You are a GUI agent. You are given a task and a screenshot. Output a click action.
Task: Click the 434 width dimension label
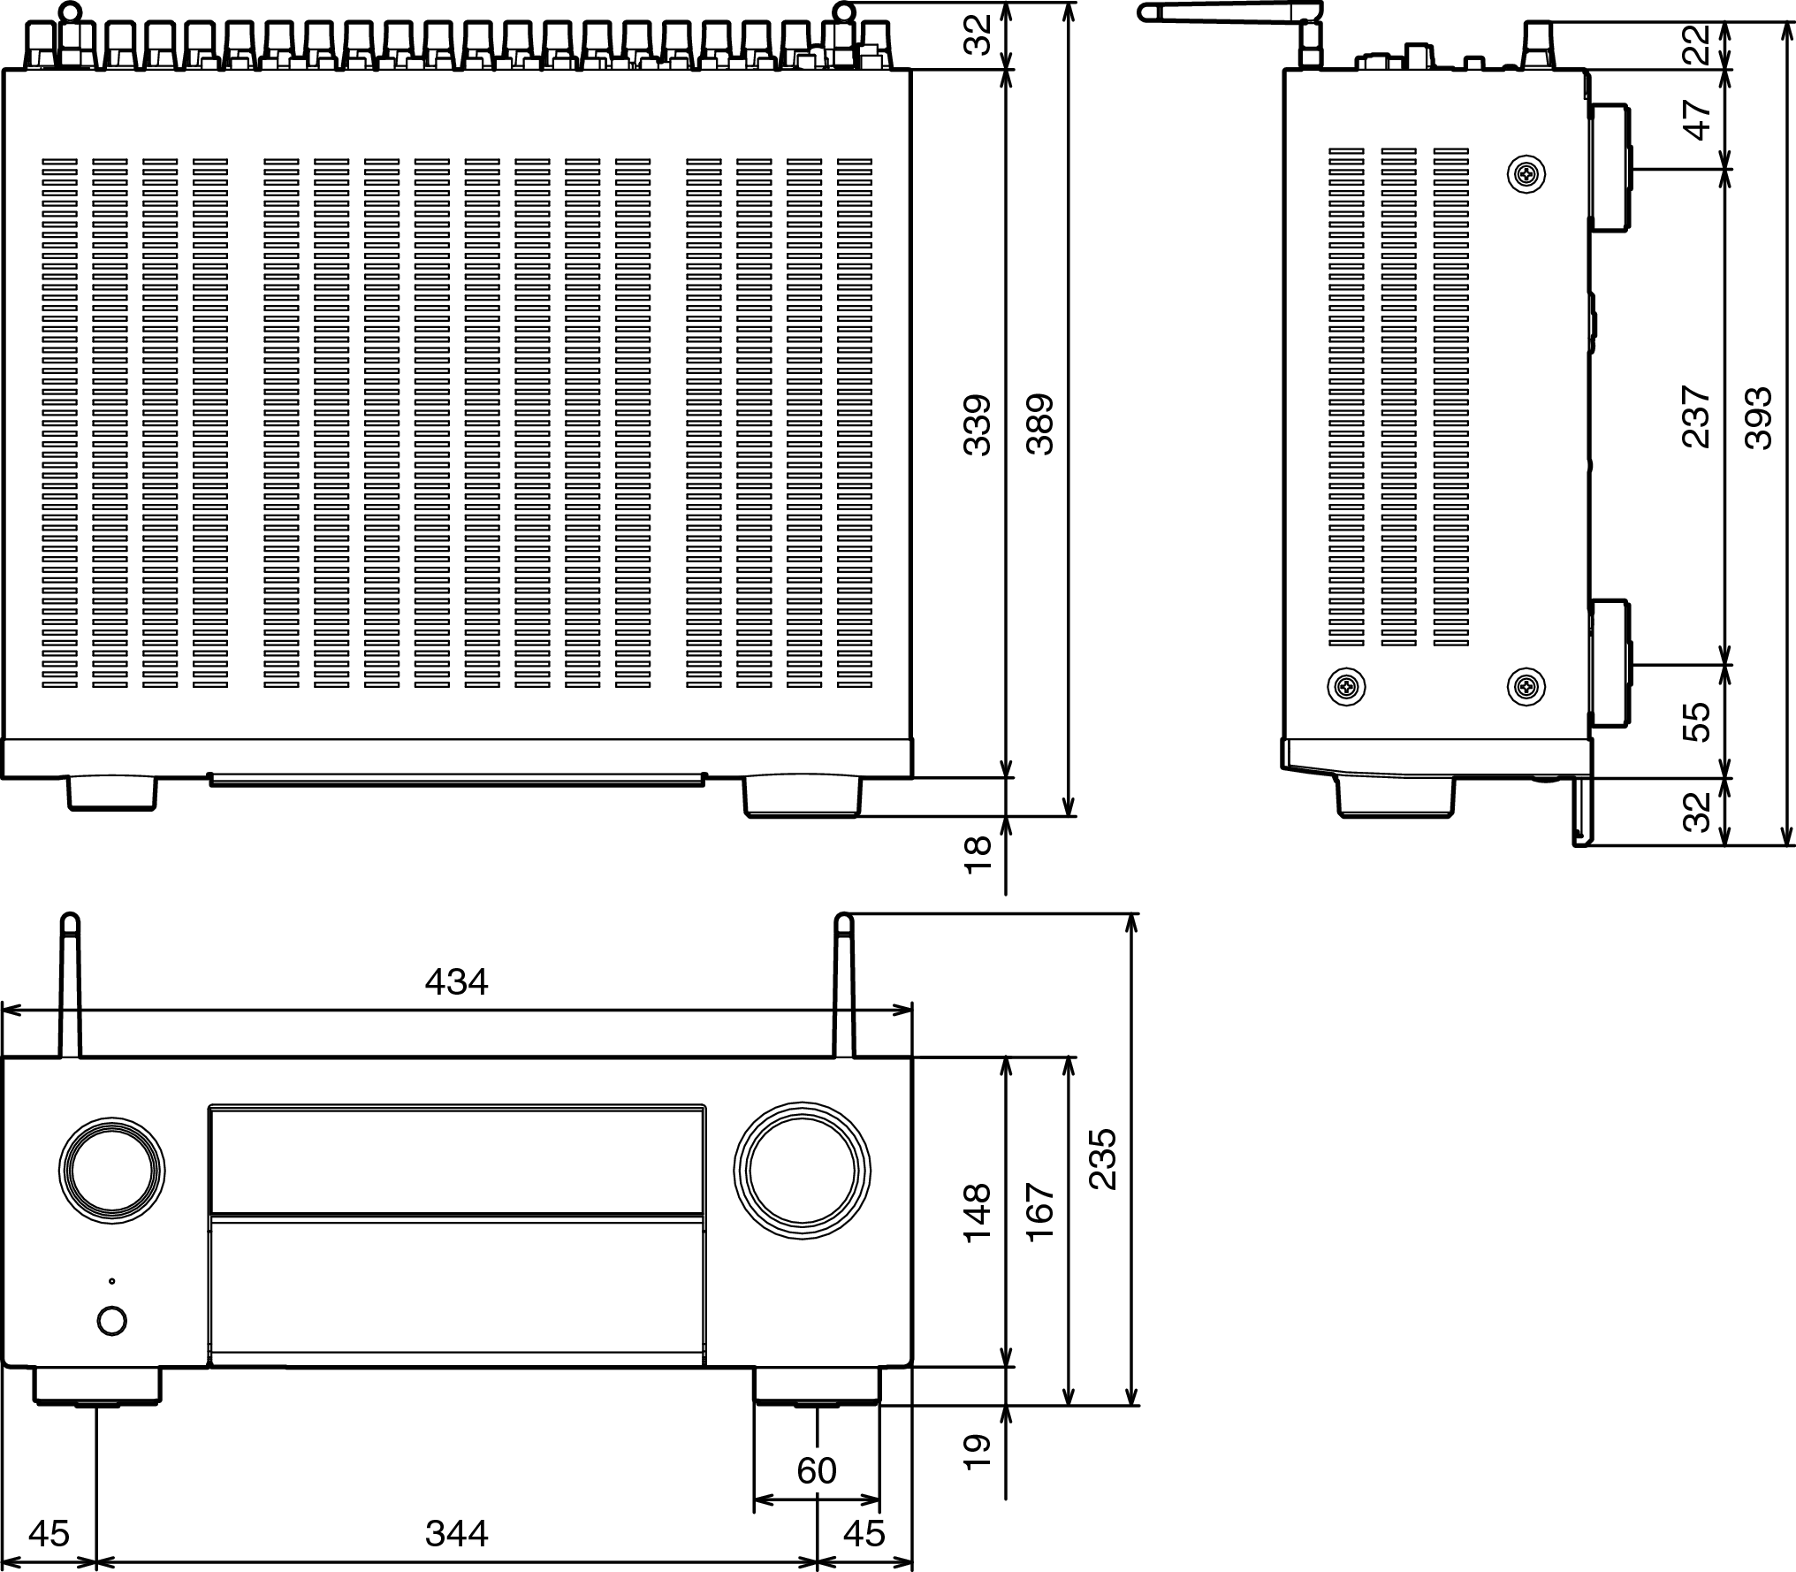[x=456, y=982]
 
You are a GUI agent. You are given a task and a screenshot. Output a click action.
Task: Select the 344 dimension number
[x=456, y=1533]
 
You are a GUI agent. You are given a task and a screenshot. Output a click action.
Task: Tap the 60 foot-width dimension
[x=816, y=1470]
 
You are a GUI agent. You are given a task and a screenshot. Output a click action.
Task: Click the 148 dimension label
[x=977, y=1212]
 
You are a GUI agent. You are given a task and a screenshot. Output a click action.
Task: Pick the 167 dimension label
[x=1040, y=1212]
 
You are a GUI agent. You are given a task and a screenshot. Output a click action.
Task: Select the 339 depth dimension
[x=977, y=425]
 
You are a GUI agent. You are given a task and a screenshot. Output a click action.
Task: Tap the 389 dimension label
[x=1040, y=425]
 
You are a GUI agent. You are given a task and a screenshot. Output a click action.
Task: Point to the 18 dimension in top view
[x=977, y=855]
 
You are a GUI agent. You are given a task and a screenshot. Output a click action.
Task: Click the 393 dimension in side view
[x=1758, y=419]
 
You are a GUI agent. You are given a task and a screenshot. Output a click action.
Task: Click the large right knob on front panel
[x=802, y=1171]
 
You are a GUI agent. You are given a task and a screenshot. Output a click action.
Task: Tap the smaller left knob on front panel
[x=112, y=1171]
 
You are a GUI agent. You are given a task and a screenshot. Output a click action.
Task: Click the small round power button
[x=111, y=1321]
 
